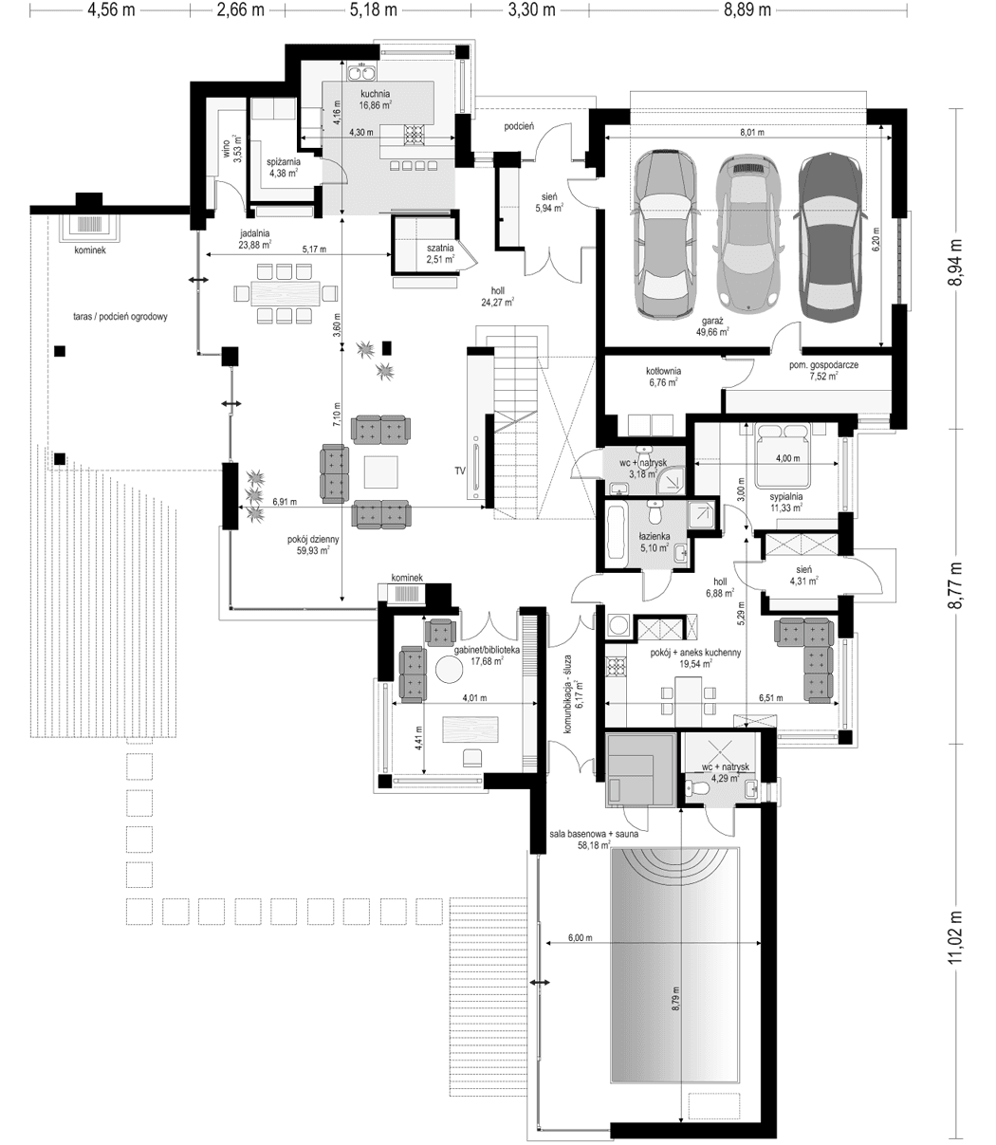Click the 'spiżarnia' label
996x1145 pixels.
(x=283, y=161)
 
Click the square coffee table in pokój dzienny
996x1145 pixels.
(x=381, y=472)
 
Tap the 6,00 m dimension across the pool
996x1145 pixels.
(x=581, y=937)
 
